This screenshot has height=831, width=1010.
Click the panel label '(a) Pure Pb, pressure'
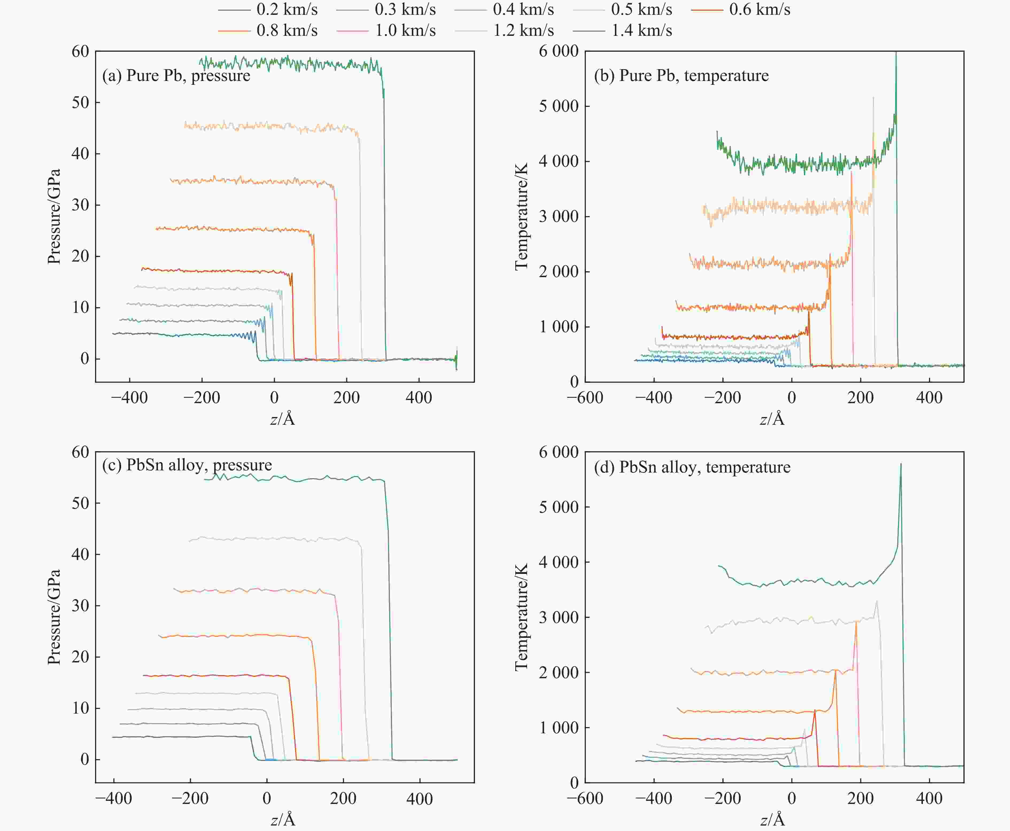176,76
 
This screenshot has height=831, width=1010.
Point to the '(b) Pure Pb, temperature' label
681,76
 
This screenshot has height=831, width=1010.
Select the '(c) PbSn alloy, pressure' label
187,465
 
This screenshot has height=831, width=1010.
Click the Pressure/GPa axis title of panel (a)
54,216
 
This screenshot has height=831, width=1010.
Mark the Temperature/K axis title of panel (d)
521,618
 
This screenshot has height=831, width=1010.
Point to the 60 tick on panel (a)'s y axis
80,51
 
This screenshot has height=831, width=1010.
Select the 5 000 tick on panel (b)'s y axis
558,106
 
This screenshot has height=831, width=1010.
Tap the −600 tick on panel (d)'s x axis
585,798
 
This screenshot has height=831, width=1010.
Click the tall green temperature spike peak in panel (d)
900,464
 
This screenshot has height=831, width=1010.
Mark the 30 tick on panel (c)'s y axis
80,606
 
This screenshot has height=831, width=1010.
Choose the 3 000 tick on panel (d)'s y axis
558,618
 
